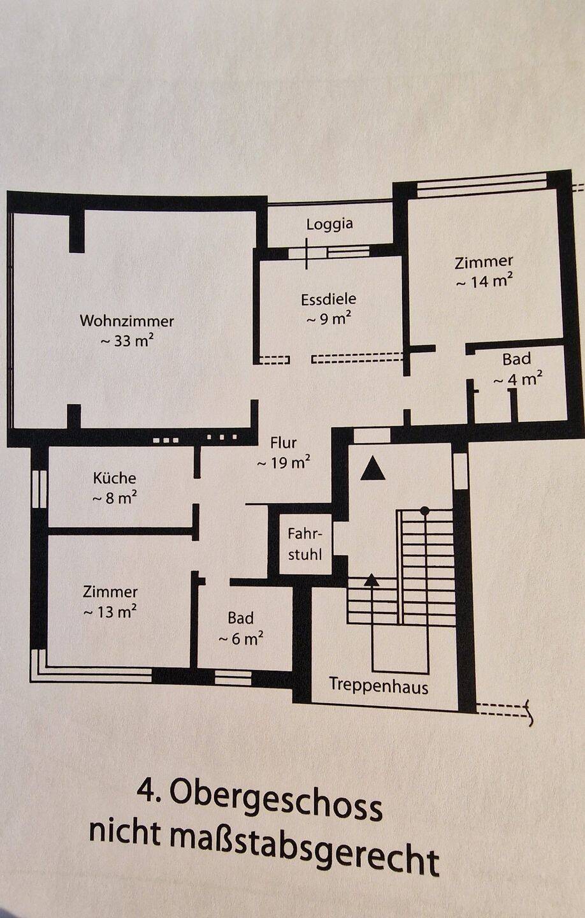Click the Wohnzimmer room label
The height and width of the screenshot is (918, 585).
127,321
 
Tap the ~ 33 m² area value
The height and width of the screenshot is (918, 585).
127,340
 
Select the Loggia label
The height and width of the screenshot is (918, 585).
330,224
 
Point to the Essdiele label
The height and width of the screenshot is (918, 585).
329,299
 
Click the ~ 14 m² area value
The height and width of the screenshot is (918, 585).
484,282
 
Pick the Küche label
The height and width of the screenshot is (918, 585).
115,478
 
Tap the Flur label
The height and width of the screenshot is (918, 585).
284,443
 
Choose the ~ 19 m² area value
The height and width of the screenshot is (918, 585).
284,463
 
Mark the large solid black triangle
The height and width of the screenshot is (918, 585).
373,469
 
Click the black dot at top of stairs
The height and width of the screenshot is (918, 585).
425,511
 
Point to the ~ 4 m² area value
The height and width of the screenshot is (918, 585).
518,379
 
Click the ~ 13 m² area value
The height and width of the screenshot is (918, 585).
110,612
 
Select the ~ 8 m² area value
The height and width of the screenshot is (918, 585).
115,499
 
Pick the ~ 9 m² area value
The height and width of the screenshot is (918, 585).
329,319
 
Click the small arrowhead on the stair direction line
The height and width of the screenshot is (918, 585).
372,579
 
